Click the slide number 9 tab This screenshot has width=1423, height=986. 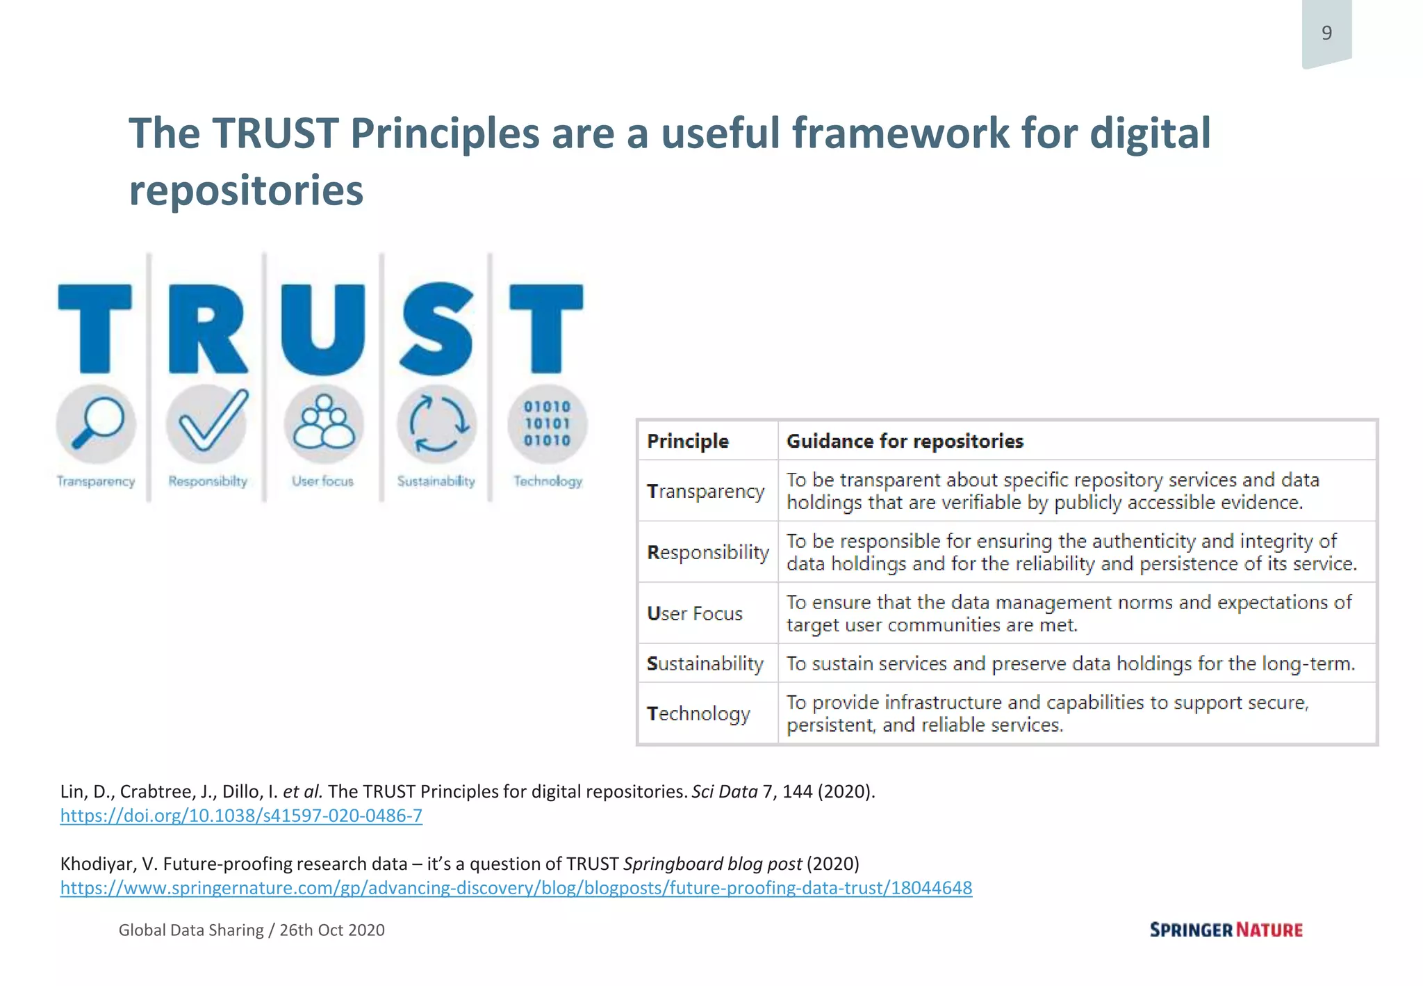point(1326,33)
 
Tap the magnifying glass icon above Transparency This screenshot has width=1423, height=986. point(96,423)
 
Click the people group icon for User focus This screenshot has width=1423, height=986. point(323,423)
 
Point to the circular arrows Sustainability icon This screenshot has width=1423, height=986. point(436,423)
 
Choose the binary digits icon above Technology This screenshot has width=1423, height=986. point(548,423)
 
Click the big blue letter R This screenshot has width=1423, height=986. point(207,329)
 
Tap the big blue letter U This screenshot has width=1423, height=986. point(323,329)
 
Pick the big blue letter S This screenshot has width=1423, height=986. point(436,329)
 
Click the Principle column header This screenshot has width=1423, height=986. point(688,441)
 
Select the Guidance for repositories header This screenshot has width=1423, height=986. point(905,441)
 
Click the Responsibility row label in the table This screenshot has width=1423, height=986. point(708,552)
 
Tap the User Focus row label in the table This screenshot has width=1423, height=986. point(695,613)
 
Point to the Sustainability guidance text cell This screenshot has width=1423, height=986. point(1070,663)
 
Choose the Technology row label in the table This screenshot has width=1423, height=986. point(698,713)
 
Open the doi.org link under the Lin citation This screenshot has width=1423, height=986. point(241,816)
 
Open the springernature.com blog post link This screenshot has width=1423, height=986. point(516,888)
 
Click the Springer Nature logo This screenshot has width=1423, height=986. point(1226,930)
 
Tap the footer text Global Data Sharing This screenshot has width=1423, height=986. point(191,930)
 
